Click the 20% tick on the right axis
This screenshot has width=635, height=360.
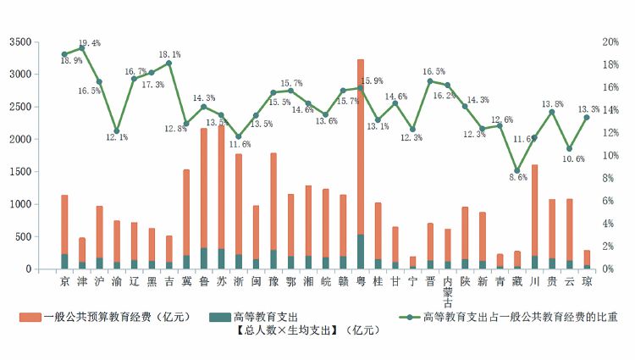[610, 42]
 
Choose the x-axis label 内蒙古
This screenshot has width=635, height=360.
[448, 292]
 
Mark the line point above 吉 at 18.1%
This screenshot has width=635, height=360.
[169, 64]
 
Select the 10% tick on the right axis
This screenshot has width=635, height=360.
[610, 156]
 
